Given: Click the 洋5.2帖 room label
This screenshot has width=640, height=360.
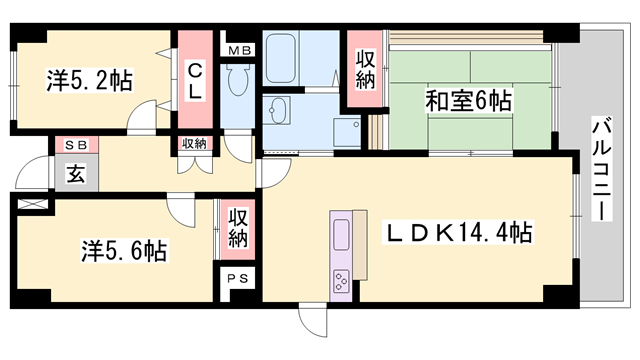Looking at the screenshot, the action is (x=90, y=80).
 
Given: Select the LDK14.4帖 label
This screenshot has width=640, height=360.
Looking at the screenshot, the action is (x=459, y=233).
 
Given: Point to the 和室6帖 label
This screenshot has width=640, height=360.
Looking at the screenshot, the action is (x=469, y=101).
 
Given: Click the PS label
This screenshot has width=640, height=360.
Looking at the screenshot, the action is (x=239, y=278).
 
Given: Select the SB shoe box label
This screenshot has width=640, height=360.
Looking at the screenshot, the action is (x=77, y=145).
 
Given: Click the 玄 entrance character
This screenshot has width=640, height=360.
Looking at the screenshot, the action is (x=76, y=172).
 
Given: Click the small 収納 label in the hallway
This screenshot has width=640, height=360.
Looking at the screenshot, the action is (x=194, y=144).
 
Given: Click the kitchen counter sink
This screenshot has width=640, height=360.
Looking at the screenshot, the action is (x=339, y=235).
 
